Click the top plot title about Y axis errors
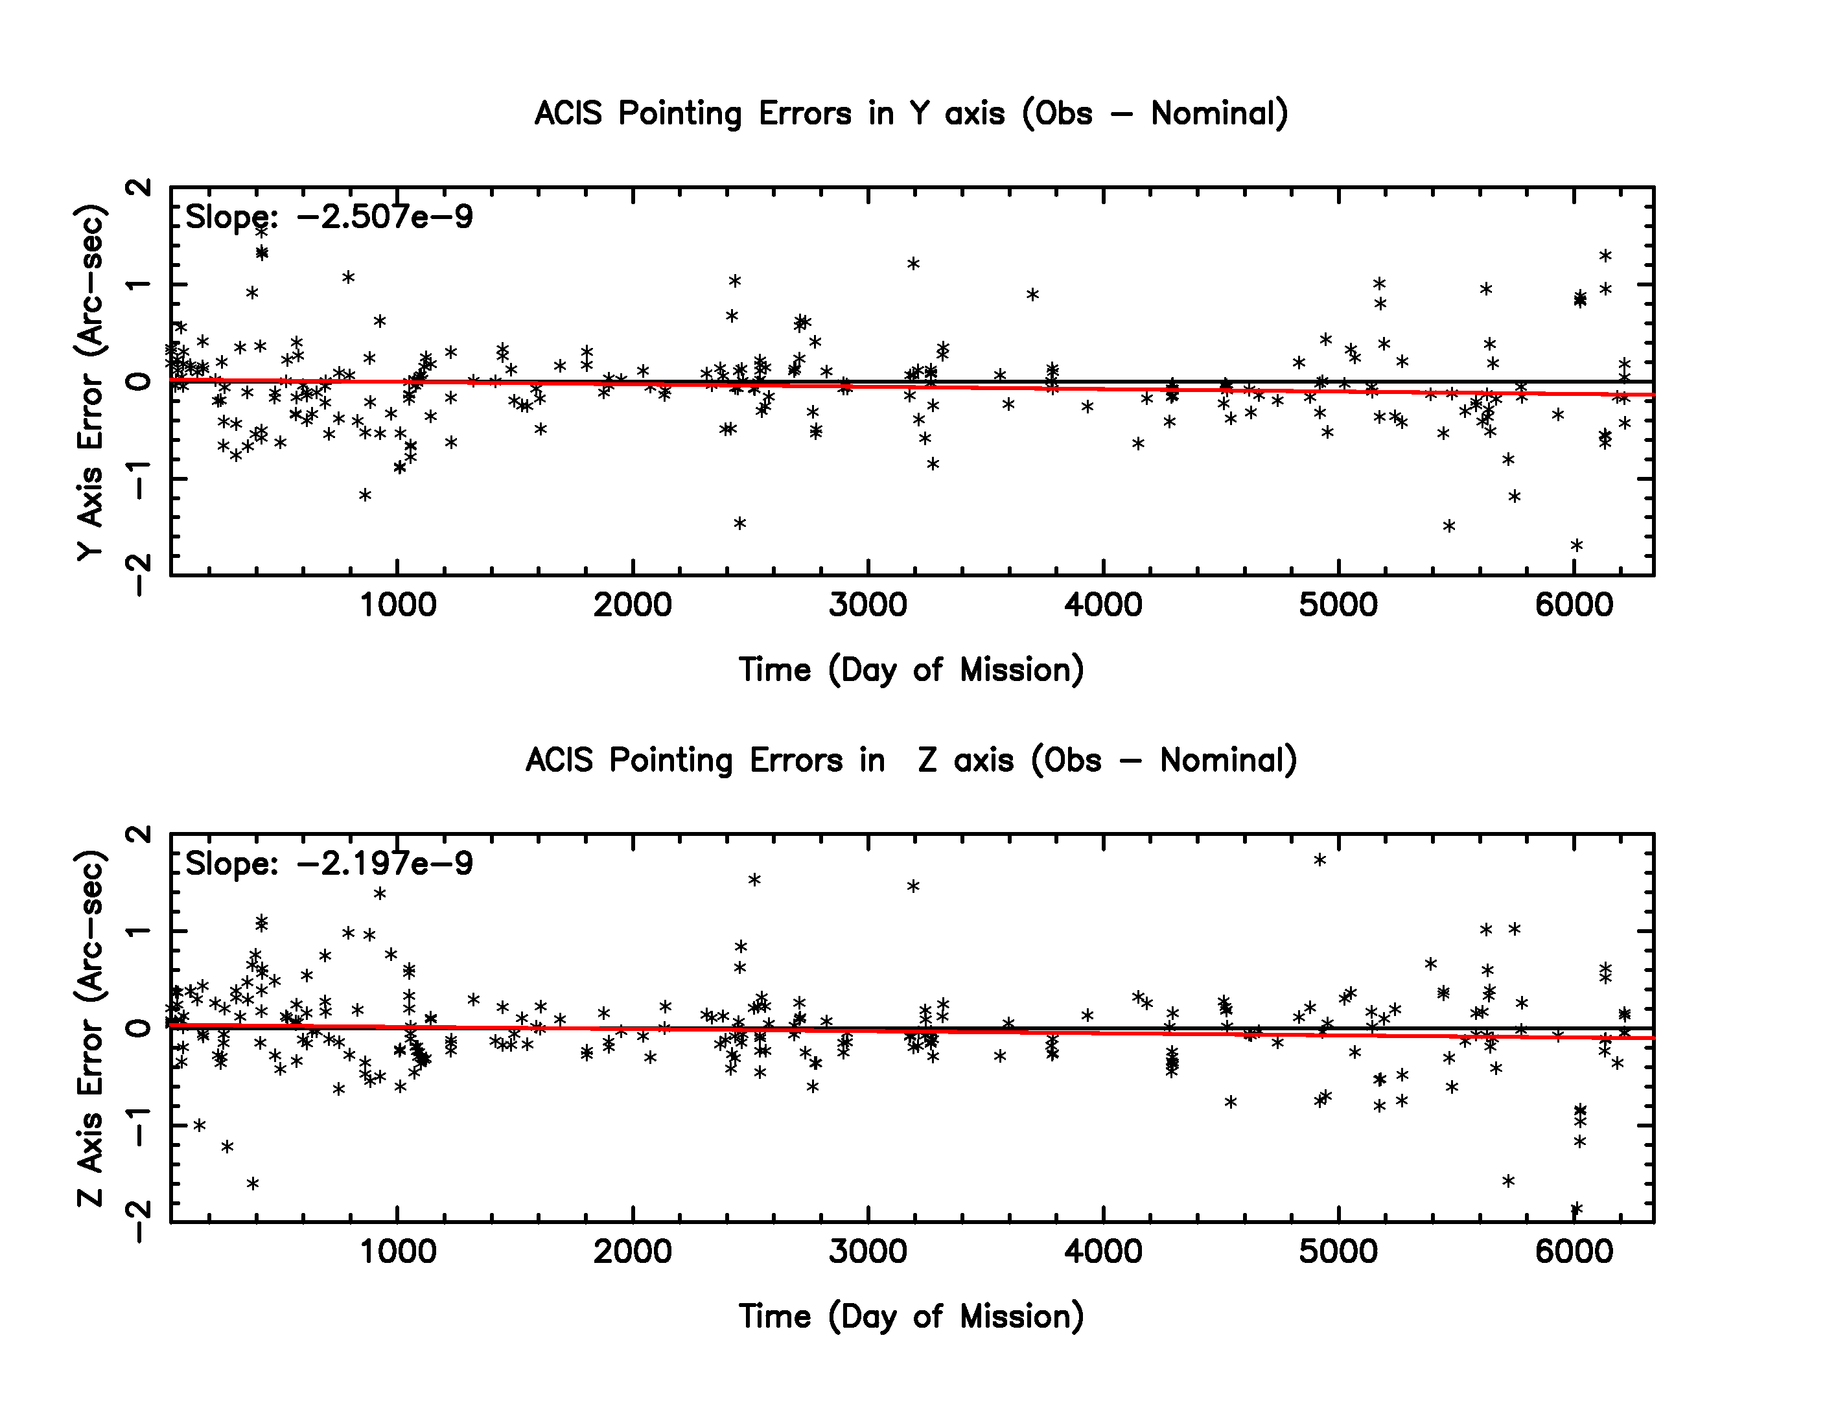click(911, 113)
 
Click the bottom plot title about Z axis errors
click(911, 760)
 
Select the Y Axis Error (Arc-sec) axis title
click(90, 382)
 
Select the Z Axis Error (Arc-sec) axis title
click(90, 1028)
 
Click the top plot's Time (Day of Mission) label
click(911, 670)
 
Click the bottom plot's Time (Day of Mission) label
click(911, 1317)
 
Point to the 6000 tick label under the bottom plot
click(1574, 1251)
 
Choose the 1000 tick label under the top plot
click(398, 605)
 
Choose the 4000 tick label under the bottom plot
click(1103, 1251)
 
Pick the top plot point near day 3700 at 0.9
click(1033, 294)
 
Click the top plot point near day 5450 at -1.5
click(1449, 526)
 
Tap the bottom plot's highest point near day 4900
click(1320, 859)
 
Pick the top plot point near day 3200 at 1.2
click(913, 264)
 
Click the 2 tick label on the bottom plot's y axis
click(142, 835)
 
